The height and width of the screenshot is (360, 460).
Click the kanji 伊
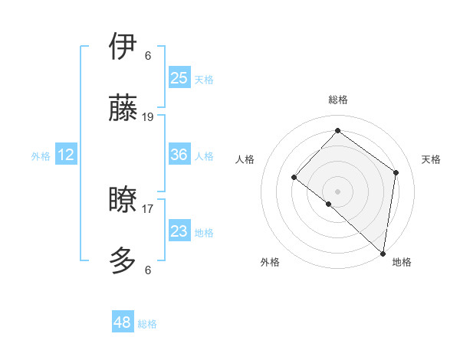click(x=124, y=47)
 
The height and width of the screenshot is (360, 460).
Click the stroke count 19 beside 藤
click(x=148, y=116)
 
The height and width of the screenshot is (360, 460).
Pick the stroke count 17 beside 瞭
click(x=148, y=208)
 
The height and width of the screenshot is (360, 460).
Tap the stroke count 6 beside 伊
click(x=148, y=55)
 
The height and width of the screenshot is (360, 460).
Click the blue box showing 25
click(x=179, y=78)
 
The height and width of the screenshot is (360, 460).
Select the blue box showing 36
click(x=179, y=155)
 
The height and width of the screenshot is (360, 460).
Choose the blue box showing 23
click(x=179, y=231)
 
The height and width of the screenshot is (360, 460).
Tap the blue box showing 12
click(x=66, y=155)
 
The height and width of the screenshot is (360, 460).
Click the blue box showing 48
click(x=123, y=322)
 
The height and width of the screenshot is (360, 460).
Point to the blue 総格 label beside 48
click(x=147, y=324)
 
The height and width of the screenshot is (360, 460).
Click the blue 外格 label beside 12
click(x=41, y=156)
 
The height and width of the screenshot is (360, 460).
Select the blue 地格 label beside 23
click(x=204, y=233)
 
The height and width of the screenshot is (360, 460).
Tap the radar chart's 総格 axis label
click(x=337, y=100)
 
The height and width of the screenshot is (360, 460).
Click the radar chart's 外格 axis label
click(x=270, y=262)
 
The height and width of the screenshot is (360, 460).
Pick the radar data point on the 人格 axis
click(x=294, y=177)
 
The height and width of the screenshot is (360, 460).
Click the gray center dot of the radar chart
click(x=337, y=191)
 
